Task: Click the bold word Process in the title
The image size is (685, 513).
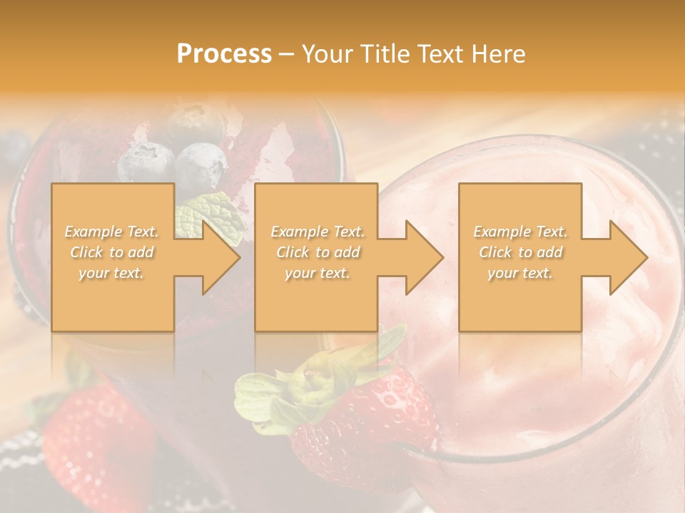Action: [224, 54]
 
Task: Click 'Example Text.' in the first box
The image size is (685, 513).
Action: [112, 232]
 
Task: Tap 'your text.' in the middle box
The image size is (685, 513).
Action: [318, 273]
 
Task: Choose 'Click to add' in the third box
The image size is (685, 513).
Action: [520, 252]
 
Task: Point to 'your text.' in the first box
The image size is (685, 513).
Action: [112, 273]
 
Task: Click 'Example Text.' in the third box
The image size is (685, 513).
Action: [520, 232]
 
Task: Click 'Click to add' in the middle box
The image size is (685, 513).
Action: [318, 252]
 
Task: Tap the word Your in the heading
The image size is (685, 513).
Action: [328, 54]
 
